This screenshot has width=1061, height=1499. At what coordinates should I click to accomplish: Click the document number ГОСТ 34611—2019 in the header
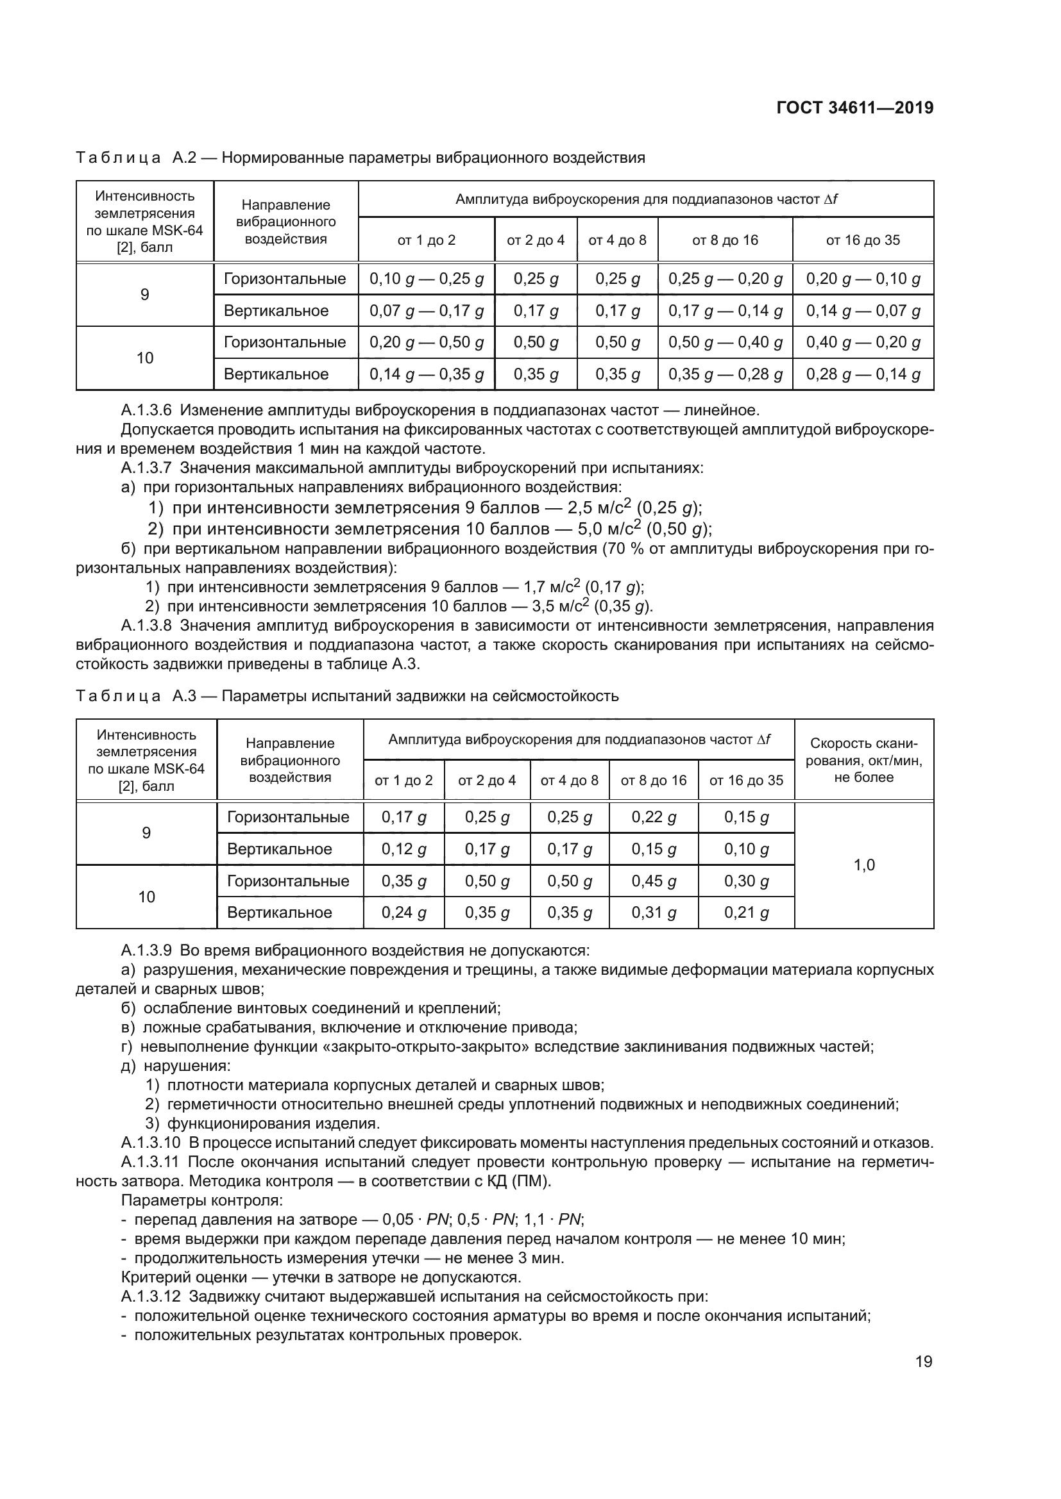[x=854, y=108]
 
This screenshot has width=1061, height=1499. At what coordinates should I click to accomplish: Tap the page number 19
[x=924, y=1361]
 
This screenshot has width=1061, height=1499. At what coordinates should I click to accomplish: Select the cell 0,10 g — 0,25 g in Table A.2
[x=427, y=279]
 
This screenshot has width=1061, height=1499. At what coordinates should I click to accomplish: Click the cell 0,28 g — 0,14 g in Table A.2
[x=862, y=374]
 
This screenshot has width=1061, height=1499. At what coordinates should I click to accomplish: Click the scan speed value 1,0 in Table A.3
[x=863, y=865]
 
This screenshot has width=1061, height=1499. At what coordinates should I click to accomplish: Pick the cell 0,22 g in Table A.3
[x=653, y=816]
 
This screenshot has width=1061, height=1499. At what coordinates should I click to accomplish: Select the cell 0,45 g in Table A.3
[x=653, y=881]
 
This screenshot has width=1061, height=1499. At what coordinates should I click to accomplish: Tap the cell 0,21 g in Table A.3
[x=746, y=912]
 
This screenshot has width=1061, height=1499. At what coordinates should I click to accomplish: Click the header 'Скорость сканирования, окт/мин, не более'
[x=863, y=760]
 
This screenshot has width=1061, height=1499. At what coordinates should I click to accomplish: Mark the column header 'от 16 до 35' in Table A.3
[x=746, y=780]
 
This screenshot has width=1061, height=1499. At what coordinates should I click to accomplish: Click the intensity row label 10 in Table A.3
[x=146, y=897]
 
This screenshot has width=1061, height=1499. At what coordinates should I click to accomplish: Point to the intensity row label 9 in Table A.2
[x=145, y=294]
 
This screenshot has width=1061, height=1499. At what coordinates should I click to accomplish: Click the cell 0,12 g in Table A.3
[x=403, y=849]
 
